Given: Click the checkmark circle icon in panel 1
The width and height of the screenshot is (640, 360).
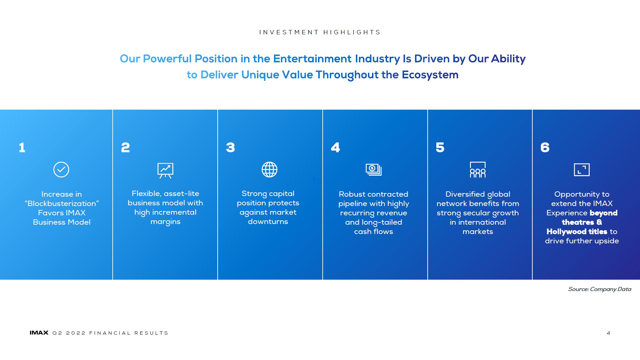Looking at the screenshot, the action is (61, 170).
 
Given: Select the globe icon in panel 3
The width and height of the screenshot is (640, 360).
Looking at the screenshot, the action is (269, 170).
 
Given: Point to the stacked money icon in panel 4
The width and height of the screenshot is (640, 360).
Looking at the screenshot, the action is (374, 170).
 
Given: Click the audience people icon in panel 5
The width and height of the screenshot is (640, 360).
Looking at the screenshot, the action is (478, 170).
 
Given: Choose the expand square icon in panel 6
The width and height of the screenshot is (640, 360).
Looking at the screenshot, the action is (582, 170).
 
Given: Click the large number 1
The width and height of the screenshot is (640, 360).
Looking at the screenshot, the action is (22, 147).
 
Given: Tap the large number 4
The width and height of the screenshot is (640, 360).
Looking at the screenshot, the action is (335, 147).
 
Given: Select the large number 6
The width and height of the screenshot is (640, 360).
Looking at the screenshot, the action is (545, 147).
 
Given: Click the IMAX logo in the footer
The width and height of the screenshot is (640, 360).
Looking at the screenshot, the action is (39, 333).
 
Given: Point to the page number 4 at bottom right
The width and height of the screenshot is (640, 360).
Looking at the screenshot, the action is (608, 333).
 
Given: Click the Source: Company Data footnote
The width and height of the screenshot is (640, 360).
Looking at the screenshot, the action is (600, 289).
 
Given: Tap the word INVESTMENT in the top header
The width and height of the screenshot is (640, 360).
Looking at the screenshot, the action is (289, 32).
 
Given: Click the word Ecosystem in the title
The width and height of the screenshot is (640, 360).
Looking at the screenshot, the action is (430, 75).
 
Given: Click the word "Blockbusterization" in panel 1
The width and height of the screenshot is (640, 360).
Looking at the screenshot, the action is (62, 204).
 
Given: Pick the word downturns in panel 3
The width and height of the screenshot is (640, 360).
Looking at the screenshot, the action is (268, 222).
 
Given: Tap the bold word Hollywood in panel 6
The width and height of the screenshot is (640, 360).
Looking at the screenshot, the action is (567, 232).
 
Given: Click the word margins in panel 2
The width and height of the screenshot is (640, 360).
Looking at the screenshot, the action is (165, 222).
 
